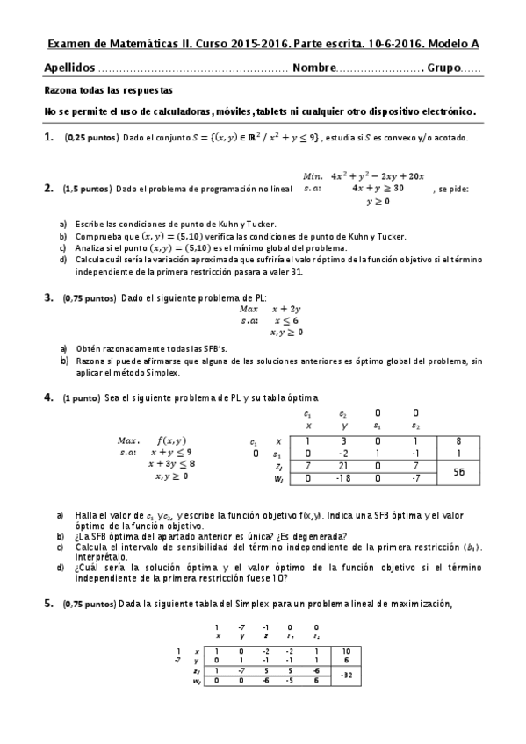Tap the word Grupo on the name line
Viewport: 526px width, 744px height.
coord(443,68)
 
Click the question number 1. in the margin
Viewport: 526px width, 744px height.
coord(49,138)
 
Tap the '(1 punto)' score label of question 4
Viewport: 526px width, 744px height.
coord(81,397)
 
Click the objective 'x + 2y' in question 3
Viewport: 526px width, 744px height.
coord(286,309)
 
